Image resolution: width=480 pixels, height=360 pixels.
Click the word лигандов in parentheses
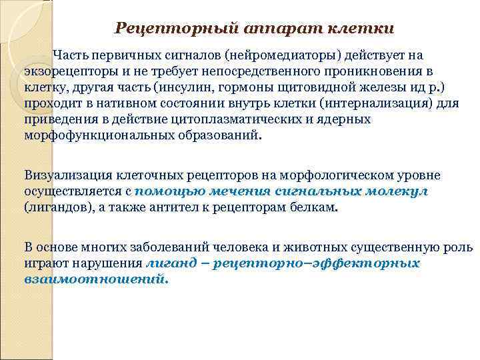pyautogui.click(x=53, y=208)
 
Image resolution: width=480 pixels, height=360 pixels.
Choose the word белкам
pyautogui.click(x=315, y=208)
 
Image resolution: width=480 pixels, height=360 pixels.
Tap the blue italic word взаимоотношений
pyautogui.click(x=95, y=279)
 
